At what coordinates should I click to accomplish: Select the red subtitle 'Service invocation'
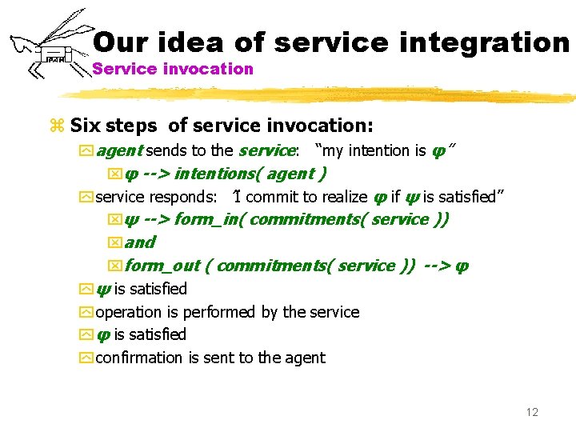click(173, 69)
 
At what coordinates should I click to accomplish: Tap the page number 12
click(532, 412)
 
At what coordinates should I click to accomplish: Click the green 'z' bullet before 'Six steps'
click(56, 126)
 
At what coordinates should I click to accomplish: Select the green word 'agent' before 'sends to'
click(119, 150)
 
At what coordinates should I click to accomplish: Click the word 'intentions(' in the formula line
click(218, 174)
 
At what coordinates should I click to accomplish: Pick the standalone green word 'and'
click(140, 242)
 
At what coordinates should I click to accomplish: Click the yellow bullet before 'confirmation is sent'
click(86, 358)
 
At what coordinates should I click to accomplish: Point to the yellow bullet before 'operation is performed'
click(86, 313)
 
